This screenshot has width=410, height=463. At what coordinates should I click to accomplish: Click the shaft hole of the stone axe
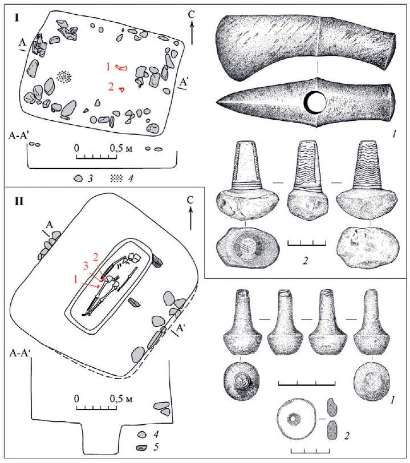[x=316, y=103]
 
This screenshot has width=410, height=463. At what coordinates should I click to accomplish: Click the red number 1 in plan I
[x=108, y=67]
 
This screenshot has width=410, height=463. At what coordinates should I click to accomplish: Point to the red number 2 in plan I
[x=111, y=87]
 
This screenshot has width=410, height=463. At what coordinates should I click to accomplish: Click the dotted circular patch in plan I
[x=64, y=77]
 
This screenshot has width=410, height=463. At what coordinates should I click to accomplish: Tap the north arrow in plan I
[x=192, y=28]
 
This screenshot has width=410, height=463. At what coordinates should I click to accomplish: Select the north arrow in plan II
[x=190, y=213]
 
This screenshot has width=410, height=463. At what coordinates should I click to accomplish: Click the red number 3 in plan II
[x=86, y=266]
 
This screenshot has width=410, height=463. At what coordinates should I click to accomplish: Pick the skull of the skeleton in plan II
[x=135, y=258]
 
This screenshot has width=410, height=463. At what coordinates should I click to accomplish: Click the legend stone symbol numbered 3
[x=78, y=178]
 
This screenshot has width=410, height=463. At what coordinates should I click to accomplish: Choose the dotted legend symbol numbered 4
[x=116, y=178]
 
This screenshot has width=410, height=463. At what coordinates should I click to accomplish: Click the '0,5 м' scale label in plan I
[x=121, y=148]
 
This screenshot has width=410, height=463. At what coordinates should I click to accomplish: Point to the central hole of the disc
[x=294, y=419]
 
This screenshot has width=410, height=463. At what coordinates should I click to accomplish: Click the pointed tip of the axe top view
[x=217, y=103]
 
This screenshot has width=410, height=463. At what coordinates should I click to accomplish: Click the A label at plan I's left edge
[x=22, y=43]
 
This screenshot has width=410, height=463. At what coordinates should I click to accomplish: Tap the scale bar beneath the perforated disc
[x=310, y=451]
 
